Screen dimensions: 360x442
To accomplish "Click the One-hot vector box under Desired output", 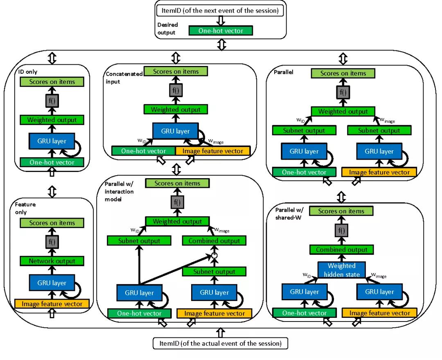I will (x=221, y=31).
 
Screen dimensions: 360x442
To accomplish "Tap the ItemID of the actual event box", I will (x=221, y=343).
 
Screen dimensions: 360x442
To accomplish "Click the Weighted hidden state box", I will (x=341, y=270).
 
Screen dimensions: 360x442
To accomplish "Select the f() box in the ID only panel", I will (x=52, y=101).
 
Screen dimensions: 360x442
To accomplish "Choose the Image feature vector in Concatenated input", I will (x=212, y=151).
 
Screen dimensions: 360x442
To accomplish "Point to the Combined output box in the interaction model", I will (x=214, y=241).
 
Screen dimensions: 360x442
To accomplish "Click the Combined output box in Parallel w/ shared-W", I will (x=341, y=249).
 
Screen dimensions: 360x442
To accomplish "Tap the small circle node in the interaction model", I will (x=214, y=256).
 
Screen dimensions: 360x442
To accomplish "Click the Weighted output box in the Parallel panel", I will (x=343, y=111).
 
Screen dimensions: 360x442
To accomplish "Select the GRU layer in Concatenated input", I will (x=175, y=131).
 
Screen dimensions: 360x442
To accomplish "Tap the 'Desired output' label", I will (x=168, y=28).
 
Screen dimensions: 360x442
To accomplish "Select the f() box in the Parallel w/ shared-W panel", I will (x=341, y=231).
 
